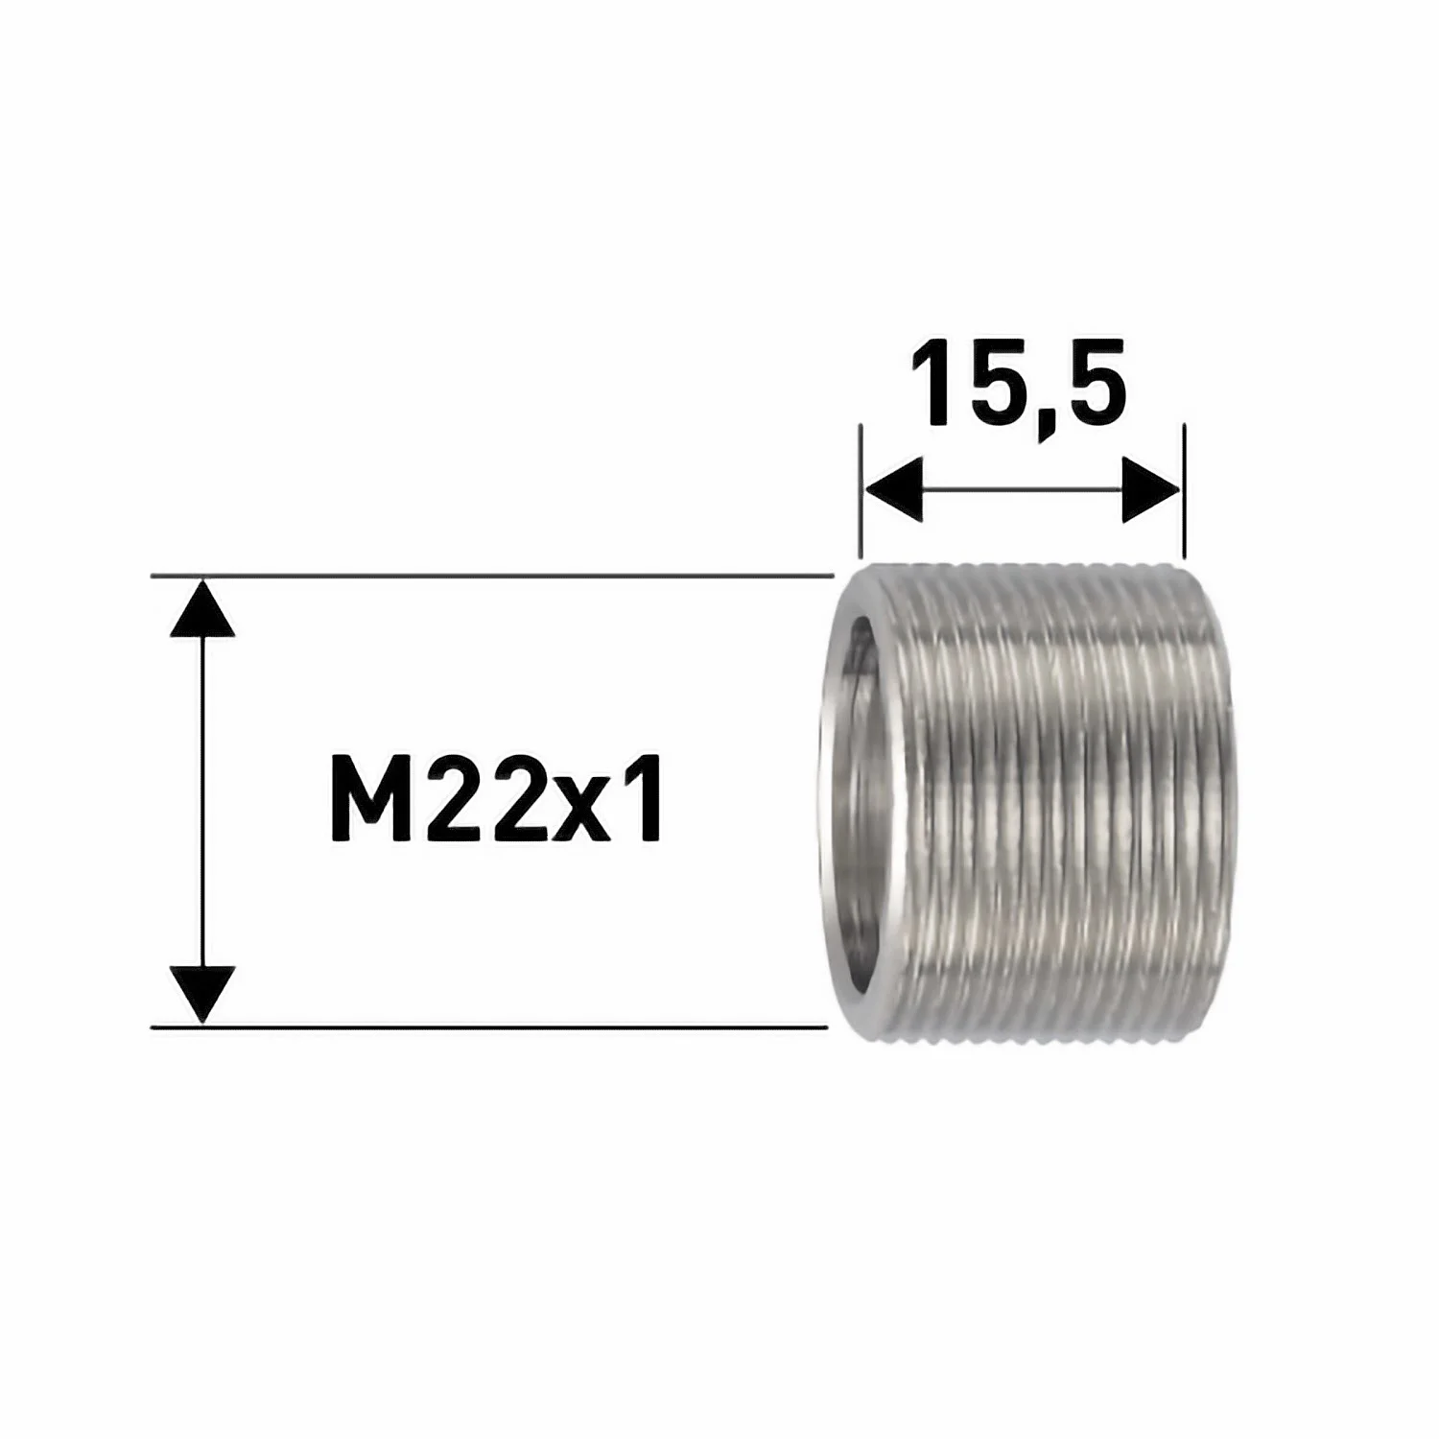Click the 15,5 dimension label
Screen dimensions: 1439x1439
1017,384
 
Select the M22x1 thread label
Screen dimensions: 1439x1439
495,800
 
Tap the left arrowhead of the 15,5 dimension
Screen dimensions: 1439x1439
892,490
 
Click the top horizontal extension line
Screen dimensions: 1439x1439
489,576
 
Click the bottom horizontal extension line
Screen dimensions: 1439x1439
489,1026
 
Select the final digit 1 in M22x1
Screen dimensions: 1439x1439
643,800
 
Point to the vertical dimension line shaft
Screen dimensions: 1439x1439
201,801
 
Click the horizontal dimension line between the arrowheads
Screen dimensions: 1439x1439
1022,490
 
